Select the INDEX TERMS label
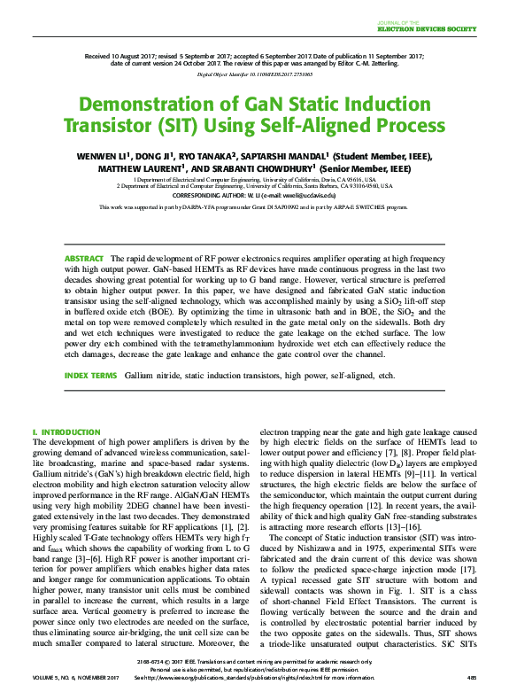[x=90, y=376]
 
